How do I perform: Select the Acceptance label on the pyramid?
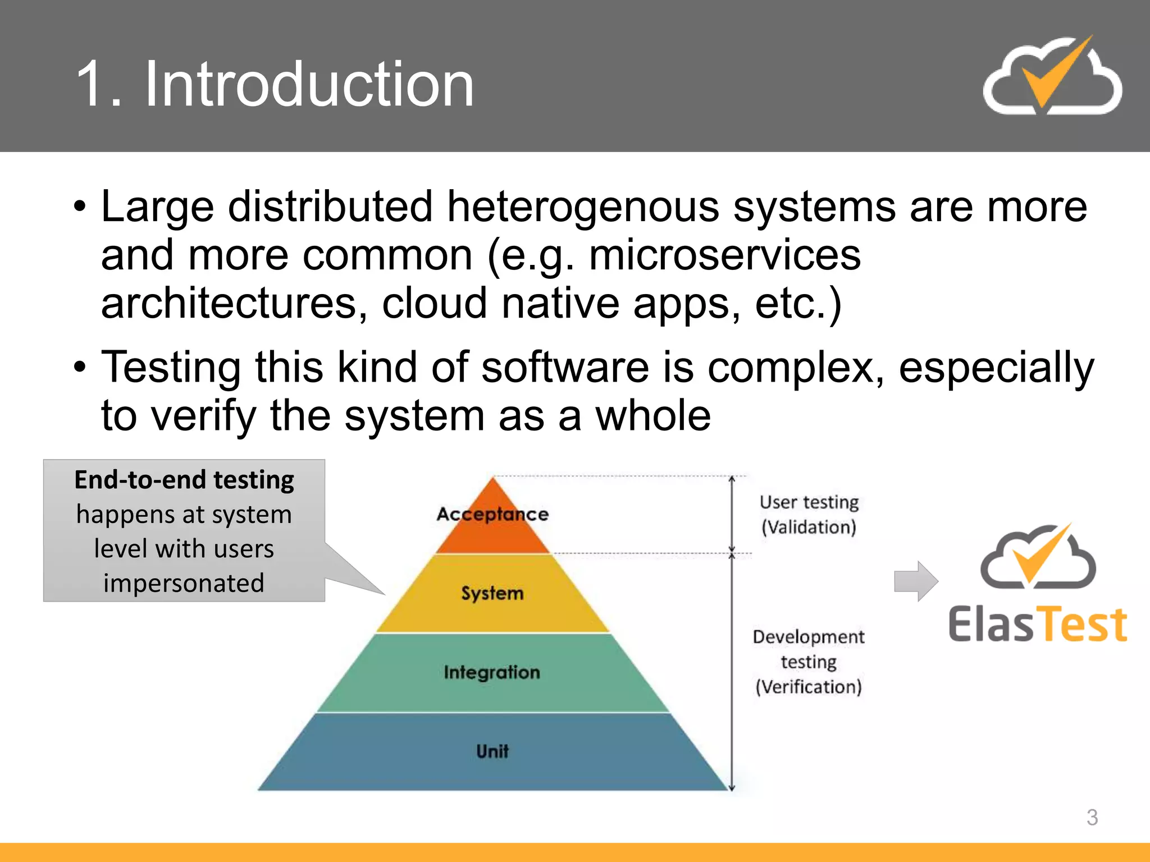coord(492,514)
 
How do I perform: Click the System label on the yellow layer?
coord(492,593)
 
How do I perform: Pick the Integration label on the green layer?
coord(492,672)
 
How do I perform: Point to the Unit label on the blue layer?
coord(492,751)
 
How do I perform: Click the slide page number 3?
coord(1092,817)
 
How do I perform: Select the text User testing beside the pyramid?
coord(809,502)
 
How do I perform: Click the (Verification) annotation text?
coord(809,687)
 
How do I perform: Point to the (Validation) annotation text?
coord(809,528)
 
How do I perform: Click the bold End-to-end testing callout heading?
coord(184,480)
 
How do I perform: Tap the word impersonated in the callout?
coord(184,583)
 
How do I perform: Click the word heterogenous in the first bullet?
coord(583,207)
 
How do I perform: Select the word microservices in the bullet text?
coord(724,255)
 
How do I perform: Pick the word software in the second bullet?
coord(565,367)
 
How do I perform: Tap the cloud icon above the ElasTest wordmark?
coord(1038,558)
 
